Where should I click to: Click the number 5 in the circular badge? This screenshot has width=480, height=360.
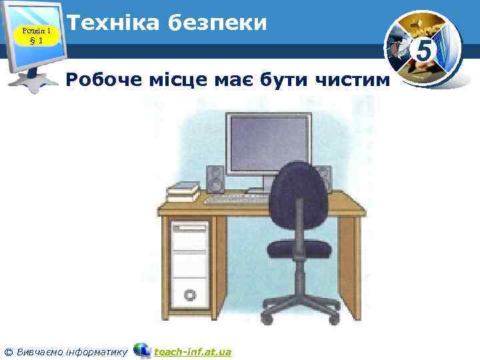[x=423, y=49]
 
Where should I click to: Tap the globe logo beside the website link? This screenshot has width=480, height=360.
[x=142, y=350]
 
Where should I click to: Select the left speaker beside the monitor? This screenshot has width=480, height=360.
[x=215, y=179]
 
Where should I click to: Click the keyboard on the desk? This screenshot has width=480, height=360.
[x=233, y=198]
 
